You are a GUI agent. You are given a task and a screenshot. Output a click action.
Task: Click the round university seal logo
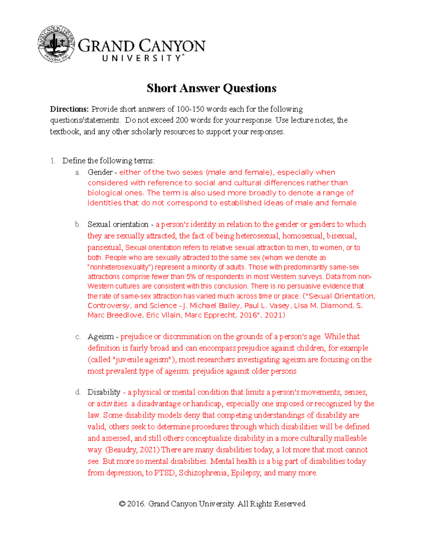pyautogui.click(x=56, y=44)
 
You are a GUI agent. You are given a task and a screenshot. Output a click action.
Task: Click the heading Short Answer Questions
pyautogui.click(x=212, y=88)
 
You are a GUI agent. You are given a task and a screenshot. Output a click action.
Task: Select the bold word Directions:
pyautogui.click(x=69, y=109)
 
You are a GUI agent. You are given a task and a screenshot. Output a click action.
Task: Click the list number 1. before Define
pyautogui.click(x=53, y=161)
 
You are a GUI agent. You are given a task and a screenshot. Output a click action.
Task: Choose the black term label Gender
pyautogui.click(x=100, y=172)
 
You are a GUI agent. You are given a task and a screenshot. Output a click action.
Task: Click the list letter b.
pyautogui.click(x=78, y=225)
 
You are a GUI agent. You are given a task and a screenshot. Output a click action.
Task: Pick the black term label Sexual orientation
pyautogui.click(x=118, y=225)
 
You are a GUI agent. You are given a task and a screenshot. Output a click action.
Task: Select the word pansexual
pyautogui.click(x=105, y=248)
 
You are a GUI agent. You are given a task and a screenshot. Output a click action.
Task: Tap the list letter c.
pyautogui.click(x=78, y=337)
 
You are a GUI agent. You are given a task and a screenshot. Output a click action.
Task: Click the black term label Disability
pyautogui.click(x=104, y=392)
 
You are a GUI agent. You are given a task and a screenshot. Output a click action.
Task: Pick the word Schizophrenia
pyautogui.click(x=203, y=473)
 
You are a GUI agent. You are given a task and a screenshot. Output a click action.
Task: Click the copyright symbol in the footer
pyautogui.click(x=122, y=504)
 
